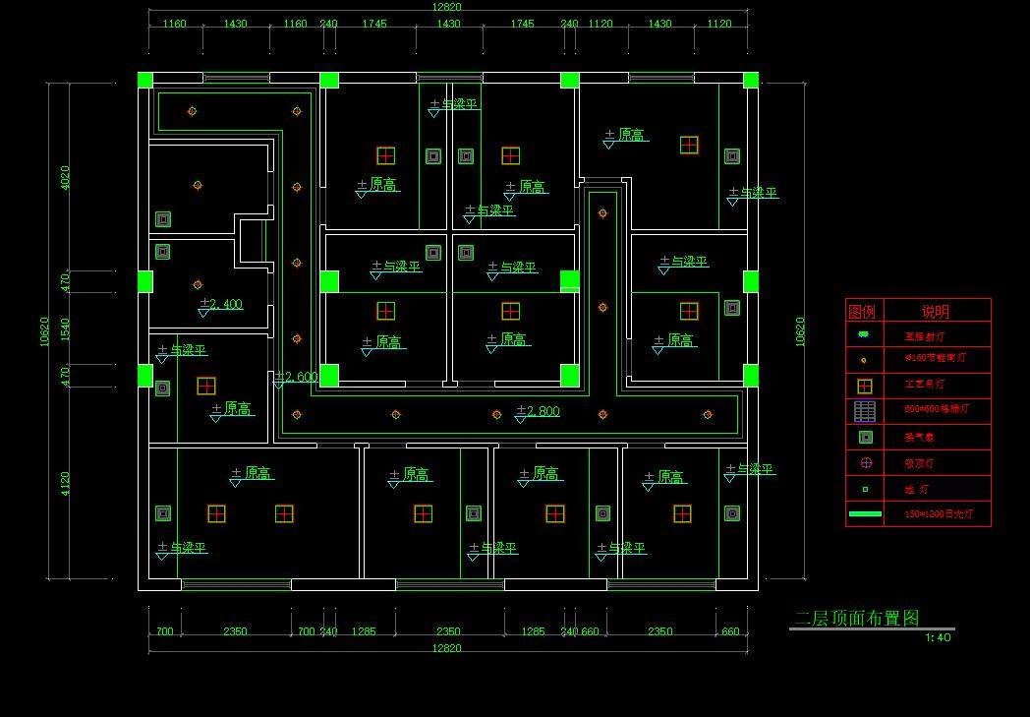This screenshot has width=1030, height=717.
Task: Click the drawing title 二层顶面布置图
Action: [x=857, y=618]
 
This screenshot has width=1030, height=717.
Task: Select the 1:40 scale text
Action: [x=938, y=637]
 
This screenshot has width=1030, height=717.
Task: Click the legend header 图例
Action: [x=862, y=312]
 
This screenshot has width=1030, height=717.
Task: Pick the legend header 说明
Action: [x=935, y=312]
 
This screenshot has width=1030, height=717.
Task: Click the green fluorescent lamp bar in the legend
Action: [x=865, y=513]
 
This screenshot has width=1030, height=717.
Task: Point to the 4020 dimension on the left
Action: [x=66, y=177]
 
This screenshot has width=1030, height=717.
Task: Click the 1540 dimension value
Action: [x=66, y=329]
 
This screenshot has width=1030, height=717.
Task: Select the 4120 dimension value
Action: [x=66, y=483]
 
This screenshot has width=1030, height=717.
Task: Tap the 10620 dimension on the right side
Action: [x=799, y=331]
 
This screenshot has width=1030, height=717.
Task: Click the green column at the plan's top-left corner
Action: [x=144, y=80]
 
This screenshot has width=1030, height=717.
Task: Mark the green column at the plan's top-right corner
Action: [x=751, y=80]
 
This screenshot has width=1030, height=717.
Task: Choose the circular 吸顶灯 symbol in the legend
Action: [x=865, y=462]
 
